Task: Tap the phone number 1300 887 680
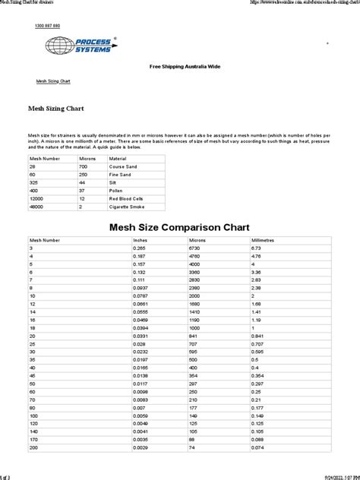click(47, 26)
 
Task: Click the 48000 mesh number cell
click(37, 206)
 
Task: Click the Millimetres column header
click(264, 239)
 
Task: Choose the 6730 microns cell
click(195, 248)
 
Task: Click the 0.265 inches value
click(139, 248)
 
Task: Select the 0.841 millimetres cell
click(259, 335)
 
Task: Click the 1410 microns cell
click(195, 311)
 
